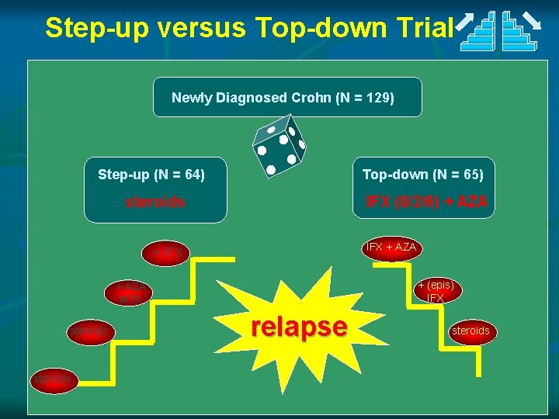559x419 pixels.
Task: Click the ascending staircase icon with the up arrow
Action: point(477,30)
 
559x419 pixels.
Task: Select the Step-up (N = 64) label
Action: point(151,175)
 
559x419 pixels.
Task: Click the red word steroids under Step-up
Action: point(155,203)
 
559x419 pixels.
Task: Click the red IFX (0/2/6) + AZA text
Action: point(427,202)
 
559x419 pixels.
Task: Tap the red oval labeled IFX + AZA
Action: point(391,248)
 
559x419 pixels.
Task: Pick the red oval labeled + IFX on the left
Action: point(167,253)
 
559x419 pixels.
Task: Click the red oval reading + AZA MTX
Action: point(130,293)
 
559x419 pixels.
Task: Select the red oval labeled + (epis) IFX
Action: point(435,291)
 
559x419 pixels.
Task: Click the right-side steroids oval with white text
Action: point(470,331)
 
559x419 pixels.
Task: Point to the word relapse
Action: point(299,327)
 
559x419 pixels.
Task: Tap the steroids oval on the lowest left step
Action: point(53,379)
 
